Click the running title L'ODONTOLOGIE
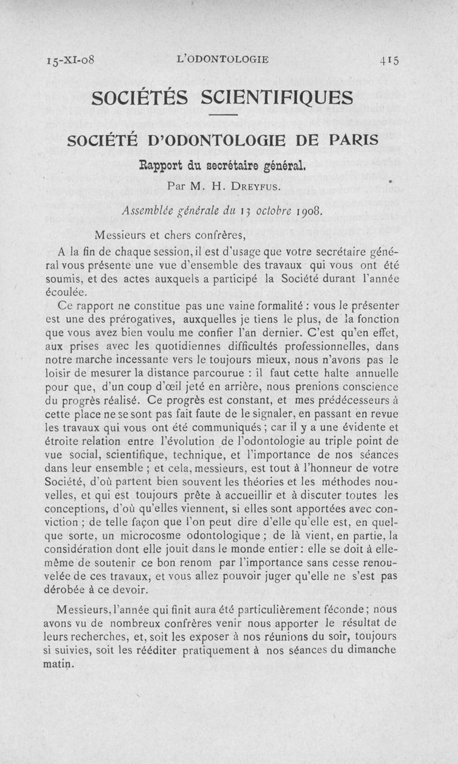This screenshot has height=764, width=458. [x=223, y=59]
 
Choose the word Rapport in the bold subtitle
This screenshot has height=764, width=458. [x=161, y=168]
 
